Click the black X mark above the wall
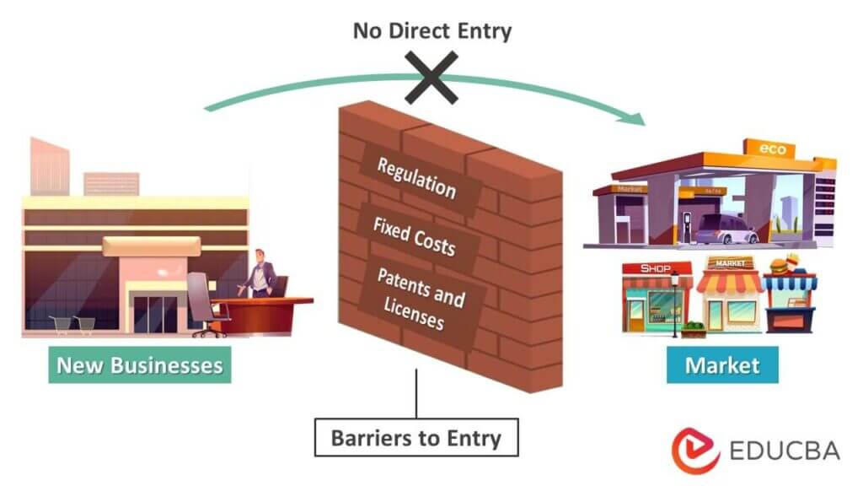pos(431,76)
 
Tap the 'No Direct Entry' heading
pos(431,32)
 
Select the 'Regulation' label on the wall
pos(416,177)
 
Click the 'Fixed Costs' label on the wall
pos(414,235)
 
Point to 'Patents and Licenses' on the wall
pos(419,300)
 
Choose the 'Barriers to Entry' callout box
pos(415,438)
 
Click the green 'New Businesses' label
pos(139,364)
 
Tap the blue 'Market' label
pos(722,364)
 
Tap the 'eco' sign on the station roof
pos(772,149)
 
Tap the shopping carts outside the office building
pos(72,324)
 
